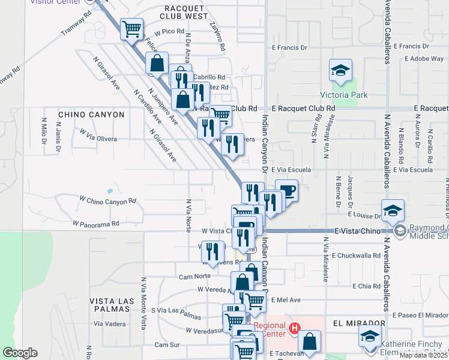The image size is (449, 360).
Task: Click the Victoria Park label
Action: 343,95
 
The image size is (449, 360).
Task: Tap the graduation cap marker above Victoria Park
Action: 340,71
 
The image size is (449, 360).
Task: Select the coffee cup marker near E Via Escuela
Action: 286,191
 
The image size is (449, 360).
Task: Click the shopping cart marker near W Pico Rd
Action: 131,28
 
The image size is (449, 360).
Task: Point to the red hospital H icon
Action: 294,328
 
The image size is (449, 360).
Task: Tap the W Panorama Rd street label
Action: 96,223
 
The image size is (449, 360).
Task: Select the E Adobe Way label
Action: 424,59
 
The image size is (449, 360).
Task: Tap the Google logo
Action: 20,353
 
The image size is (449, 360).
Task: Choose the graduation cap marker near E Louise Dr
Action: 393,211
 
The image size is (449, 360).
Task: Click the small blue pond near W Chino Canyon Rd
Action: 109,191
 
